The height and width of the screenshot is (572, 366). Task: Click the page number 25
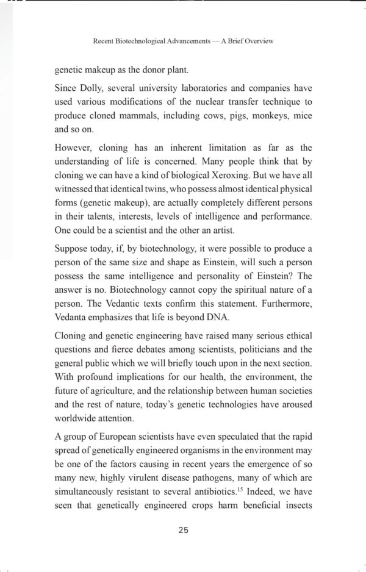(x=183, y=529)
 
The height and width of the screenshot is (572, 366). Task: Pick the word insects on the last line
(x=295, y=520)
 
